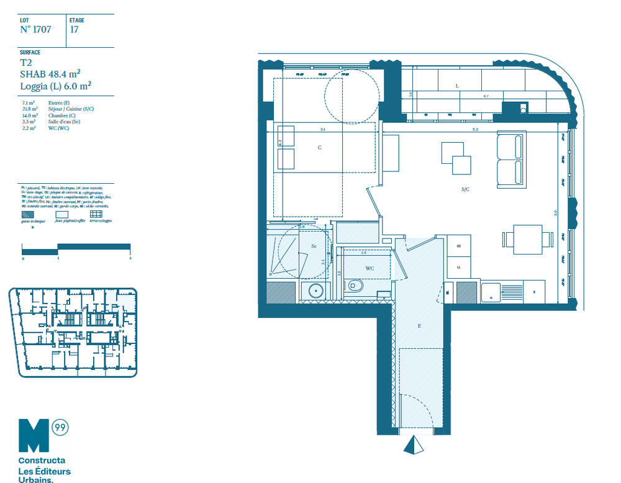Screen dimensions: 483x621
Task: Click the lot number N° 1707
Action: [x=35, y=29]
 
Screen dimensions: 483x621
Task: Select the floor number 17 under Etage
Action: [x=74, y=29]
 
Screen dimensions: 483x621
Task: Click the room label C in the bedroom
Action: [x=319, y=148]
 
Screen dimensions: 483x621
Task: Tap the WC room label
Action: [x=369, y=268]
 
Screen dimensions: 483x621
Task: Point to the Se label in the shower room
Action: [x=314, y=246]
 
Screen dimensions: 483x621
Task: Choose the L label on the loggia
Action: [x=457, y=86]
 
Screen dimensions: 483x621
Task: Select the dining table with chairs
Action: [x=528, y=238]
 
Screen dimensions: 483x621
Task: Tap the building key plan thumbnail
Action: [x=73, y=332]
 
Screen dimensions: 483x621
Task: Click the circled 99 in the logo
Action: [x=60, y=427]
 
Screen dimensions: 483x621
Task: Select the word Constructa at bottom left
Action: [x=42, y=461]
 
